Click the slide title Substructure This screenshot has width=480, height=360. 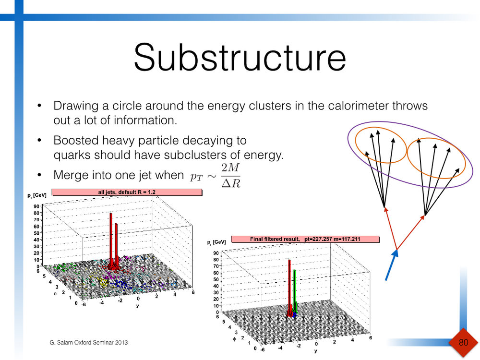pos(240,57)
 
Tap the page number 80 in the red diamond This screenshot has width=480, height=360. pos(464,342)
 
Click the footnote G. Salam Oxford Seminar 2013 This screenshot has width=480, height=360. pos(88,343)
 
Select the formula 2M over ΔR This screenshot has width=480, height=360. pos(231,175)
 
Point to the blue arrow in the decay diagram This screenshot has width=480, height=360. pos(392,265)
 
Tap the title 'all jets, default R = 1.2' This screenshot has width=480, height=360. pos(127,192)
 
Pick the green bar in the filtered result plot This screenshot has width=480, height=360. pos(295,291)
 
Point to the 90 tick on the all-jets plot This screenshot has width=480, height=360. pos(36,206)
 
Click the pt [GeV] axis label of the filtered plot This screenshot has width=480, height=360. pos(216,242)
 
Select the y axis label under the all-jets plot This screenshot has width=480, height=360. pos(137,305)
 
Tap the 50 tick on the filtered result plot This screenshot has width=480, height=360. pos(216,279)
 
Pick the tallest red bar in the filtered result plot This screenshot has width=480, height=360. pos(289,288)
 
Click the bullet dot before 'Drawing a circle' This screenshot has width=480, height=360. pos(39,106)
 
